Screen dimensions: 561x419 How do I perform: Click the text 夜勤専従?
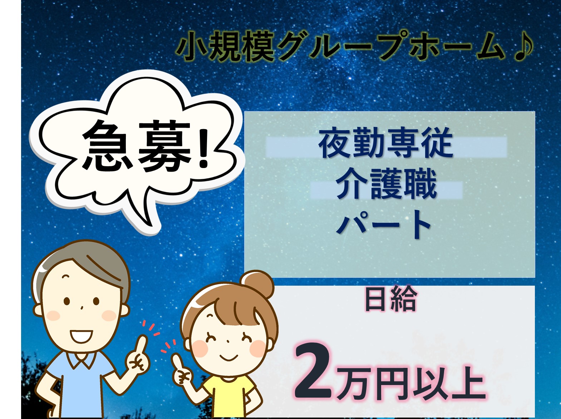386,143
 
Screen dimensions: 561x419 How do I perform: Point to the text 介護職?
386,184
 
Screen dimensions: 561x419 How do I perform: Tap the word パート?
383,224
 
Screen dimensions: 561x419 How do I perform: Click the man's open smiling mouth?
81,336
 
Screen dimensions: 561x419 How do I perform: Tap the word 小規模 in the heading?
225,46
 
